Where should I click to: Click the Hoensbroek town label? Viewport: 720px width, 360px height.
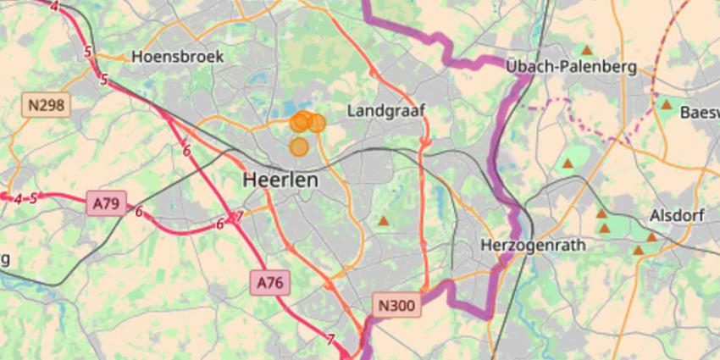pos(178,57)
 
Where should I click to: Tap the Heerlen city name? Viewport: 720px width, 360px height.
pos(280,180)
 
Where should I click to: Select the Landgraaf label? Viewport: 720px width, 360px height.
pos(385,110)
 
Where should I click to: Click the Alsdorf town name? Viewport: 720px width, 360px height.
pos(677,215)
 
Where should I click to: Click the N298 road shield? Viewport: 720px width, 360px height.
pos(46,105)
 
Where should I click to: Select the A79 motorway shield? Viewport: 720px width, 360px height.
pos(106,203)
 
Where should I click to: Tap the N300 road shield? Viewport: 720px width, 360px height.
pos(396,305)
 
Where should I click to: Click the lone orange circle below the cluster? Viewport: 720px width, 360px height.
pos(299,147)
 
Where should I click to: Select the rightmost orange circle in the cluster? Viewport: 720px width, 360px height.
pos(316,124)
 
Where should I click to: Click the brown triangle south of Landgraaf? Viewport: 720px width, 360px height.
pos(384,221)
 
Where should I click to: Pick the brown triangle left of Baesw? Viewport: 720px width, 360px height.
pos(666,105)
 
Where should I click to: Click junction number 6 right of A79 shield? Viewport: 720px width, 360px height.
pos(139,212)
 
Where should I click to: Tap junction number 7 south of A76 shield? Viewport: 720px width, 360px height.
pos(330,340)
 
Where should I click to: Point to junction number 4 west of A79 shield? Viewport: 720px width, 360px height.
pos(18,199)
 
